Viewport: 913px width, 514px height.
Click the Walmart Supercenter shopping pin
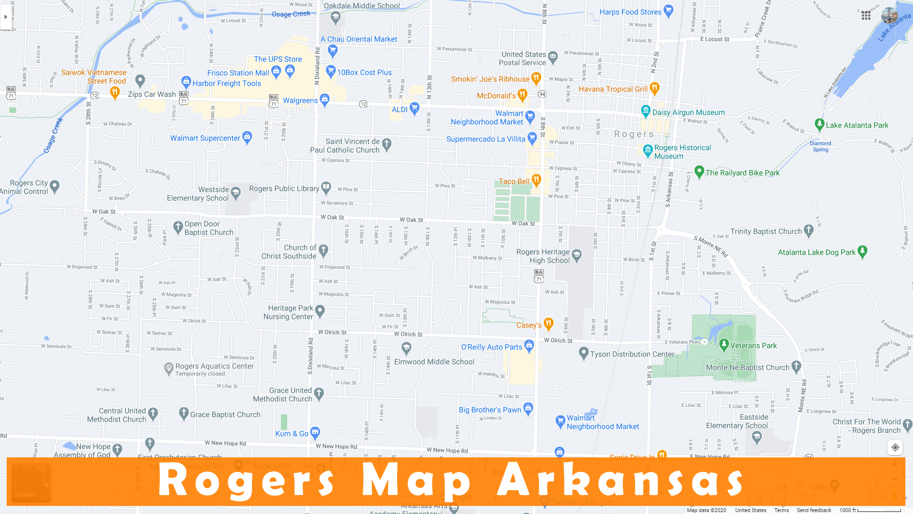pos(247,137)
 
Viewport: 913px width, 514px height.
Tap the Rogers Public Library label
pos(284,188)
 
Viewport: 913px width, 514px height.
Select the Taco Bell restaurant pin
pos(536,180)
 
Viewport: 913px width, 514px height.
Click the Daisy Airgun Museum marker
pos(645,111)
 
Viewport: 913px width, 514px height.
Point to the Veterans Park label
pos(753,346)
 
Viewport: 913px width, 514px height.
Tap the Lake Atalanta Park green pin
pos(819,124)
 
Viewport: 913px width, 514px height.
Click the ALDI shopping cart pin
pos(414,108)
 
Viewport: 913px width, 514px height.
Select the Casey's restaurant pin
pos(548,324)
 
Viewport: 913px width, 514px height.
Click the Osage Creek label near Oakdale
pos(291,14)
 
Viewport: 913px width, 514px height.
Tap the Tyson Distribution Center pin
pos(583,353)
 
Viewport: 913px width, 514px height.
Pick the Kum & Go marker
pos(315,433)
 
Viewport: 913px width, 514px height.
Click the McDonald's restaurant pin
pos(522,94)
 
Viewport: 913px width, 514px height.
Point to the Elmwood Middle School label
pos(434,362)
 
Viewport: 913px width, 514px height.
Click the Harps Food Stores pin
pos(668,10)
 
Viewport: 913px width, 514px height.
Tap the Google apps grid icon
pos(866,16)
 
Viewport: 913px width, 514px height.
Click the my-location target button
pos(895,447)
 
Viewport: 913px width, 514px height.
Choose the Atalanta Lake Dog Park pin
pos(862,251)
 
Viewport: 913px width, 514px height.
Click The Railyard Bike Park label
pos(742,173)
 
